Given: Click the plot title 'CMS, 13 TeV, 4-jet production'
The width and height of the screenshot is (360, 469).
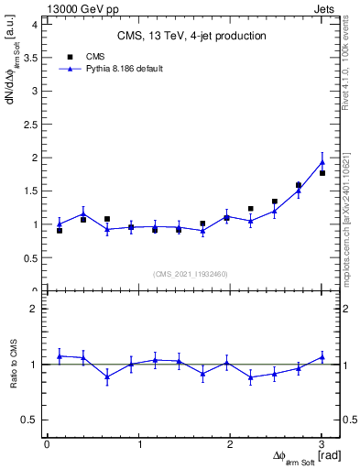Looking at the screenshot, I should pyautogui.click(x=191, y=37).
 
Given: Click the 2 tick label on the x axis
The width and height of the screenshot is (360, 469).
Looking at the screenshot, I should pyautogui.click(x=230, y=444).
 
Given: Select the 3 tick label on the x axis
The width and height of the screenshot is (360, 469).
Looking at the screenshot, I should pyautogui.click(x=322, y=444).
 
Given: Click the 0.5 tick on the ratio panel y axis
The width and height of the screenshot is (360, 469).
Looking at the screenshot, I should pyautogui.click(x=29, y=420).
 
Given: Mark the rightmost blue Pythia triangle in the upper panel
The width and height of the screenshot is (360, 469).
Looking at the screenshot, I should pyautogui.click(x=322, y=161).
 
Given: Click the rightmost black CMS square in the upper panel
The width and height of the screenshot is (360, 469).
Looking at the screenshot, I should pyautogui.click(x=322, y=173).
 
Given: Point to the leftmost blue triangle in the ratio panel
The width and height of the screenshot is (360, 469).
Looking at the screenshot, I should pyautogui.click(x=60, y=355).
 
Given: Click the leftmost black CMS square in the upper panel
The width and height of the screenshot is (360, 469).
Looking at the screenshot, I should pyautogui.click(x=60, y=231).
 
